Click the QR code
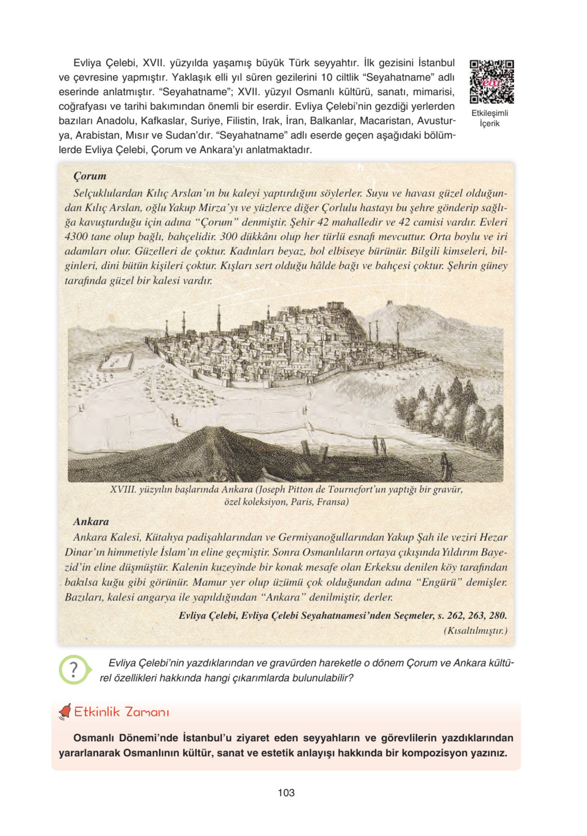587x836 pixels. tap(491, 81)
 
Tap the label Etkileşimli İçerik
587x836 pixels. tap(489, 118)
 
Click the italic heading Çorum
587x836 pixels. tap(90, 176)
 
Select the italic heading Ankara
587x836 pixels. tap(91, 522)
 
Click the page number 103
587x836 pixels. tap(286, 793)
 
